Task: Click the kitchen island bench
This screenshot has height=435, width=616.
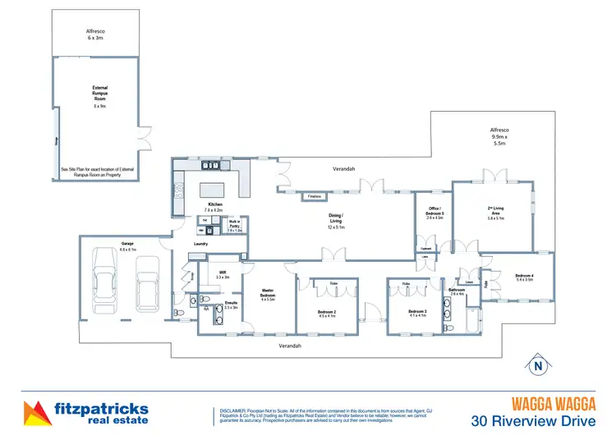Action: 215,190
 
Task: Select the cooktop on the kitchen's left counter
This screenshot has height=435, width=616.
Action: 178,194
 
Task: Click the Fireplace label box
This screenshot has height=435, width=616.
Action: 314,197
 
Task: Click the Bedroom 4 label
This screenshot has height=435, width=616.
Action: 524,277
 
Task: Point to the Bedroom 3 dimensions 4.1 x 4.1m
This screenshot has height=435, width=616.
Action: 417,315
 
